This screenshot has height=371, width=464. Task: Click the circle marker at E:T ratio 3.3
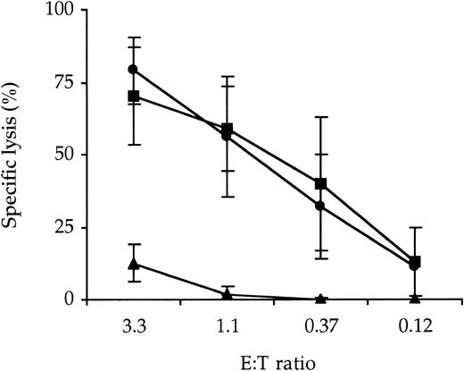tap(134, 70)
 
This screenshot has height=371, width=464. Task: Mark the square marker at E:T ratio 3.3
tap(134, 96)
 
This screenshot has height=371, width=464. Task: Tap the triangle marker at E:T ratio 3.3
tap(134, 264)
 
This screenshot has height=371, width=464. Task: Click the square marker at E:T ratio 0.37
tap(320, 184)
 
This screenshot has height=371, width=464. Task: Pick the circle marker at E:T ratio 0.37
tap(320, 206)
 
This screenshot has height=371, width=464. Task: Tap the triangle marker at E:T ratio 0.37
tap(320, 299)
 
